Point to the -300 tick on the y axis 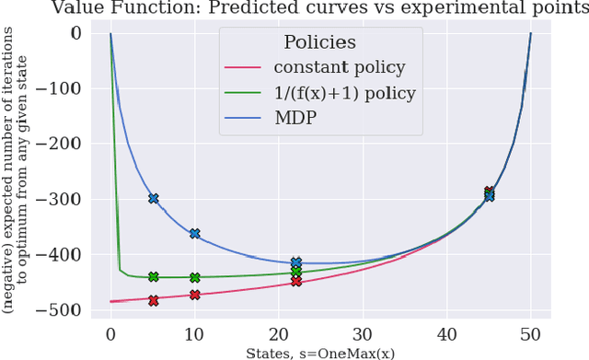click(67, 199)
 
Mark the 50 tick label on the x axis click(530, 333)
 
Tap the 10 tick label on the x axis click(194, 333)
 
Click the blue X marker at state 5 click(153, 198)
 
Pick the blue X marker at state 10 click(194, 234)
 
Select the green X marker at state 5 click(153, 276)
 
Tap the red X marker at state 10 click(194, 295)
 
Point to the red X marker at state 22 click(295, 281)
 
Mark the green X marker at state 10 click(194, 277)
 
